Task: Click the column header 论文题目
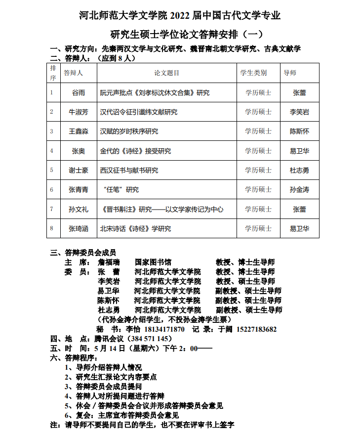pos(166,73)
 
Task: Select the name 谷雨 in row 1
pos(79,92)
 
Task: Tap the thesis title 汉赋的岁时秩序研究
pos(129,131)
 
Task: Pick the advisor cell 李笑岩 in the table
pos(299,112)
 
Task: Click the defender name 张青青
pos(79,190)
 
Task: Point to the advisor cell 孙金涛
pos(299,190)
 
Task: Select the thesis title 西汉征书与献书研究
pos(129,171)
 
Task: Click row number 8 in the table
pos(51,228)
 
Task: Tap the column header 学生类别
pos(253,73)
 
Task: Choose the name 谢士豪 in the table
pos(79,171)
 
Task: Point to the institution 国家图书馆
pos(153,262)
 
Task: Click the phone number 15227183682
pos(257,329)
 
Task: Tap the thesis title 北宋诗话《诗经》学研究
pos(135,228)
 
